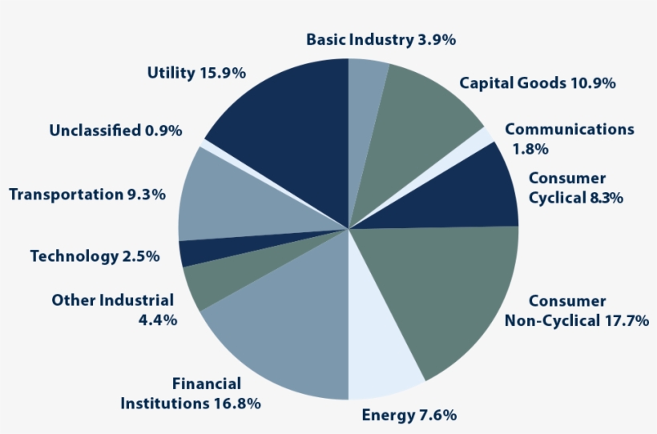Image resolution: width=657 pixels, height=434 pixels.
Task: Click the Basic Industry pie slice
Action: [365, 96]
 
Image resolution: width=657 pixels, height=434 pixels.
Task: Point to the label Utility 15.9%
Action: [195, 73]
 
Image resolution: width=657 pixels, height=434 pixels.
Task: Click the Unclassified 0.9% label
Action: [115, 130]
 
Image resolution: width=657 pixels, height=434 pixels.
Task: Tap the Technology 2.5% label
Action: [95, 256]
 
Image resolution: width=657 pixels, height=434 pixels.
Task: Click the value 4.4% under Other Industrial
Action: [158, 319]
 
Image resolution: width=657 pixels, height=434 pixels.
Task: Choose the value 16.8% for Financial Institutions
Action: [236, 403]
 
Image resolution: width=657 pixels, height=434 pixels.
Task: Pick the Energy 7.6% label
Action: [409, 415]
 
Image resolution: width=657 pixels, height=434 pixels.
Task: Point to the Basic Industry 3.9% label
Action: [381, 39]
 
